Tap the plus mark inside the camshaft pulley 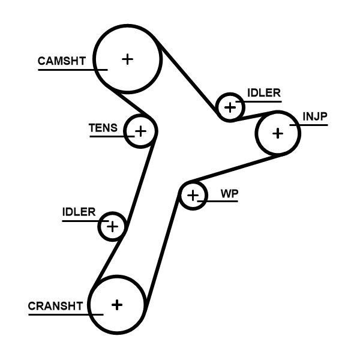pyautogui.click(x=127, y=59)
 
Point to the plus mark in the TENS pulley pyautogui.click(x=140, y=130)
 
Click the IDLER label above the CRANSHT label pyautogui.click(x=79, y=212)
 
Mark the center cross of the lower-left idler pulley pyautogui.click(x=112, y=226)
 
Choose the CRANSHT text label pyautogui.click(x=55, y=305)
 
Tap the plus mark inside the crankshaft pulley pyautogui.click(x=117, y=304)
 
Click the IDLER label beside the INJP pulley pyautogui.click(x=263, y=92)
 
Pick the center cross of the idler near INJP pyautogui.click(x=229, y=107)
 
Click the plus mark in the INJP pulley pyautogui.click(x=277, y=133)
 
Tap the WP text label pyautogui.click(x=229, y=194)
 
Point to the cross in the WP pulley pyautogui.click(x=193, y=195)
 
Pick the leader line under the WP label pyautogui.click(x=222, y=201)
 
